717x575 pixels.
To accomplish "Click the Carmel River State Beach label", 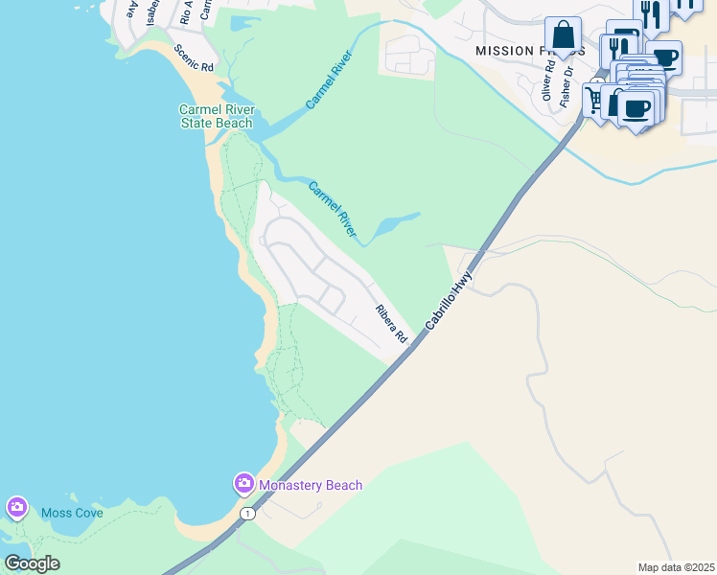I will tap(216, 116).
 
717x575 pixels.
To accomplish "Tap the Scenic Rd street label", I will tap(194, 57).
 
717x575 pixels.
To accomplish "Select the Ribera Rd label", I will tap(391, 325).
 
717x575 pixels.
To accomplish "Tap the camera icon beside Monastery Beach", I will tap(243, 483).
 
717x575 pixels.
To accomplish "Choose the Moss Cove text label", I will tap(72, 513).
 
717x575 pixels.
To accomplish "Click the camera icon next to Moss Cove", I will tap(16, 507).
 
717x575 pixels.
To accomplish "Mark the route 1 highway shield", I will tap(248, 515).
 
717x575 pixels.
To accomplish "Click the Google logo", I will tap(32, 563).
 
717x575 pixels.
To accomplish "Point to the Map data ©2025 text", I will tap(675, 567).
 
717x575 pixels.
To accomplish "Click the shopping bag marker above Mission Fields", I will tap(563, 35).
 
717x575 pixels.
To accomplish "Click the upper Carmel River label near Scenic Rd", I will tap(329, 79).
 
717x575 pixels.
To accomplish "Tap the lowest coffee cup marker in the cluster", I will tap(638, 107).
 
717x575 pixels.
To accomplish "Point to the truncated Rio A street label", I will tap(186, 11).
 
